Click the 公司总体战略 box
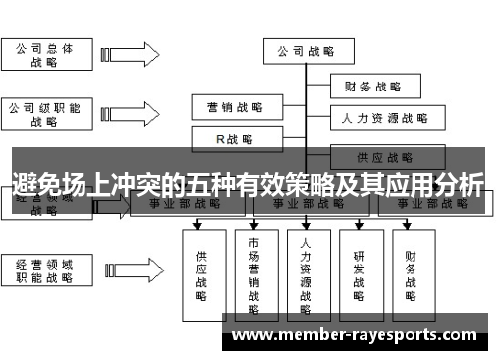[44, 54]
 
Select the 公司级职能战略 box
[44, 113]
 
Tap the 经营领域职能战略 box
[44, 272]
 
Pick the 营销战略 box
[235, 105]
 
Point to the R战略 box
[235, 138]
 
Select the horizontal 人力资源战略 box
[384, 118]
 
